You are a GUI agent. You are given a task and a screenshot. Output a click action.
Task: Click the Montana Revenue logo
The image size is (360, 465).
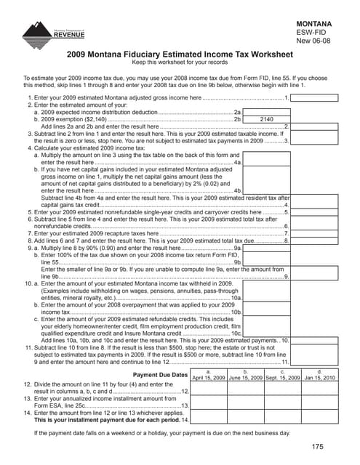[x=54, y=33]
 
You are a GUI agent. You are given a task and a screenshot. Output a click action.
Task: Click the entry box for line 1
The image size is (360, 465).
[x=315, y=97]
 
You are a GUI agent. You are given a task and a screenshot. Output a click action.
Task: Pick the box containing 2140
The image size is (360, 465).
[x=266, y=118]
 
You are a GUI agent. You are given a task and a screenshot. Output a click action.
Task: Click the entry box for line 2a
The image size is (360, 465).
[x=266, y=110]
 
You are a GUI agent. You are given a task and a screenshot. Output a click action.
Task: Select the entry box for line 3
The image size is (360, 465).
[x=315, y=140]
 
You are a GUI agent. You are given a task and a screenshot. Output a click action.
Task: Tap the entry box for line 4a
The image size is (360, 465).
[x=266, y=163]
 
